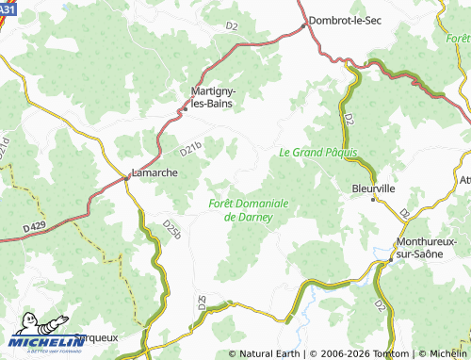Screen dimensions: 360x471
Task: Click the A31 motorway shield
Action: [x=8, y=8]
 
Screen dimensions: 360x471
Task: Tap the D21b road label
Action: [x=191, y=148]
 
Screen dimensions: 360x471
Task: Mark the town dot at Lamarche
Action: [x=127, y=177]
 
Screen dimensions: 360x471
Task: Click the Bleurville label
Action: [x=373, y=188]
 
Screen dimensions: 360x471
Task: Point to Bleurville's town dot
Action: [x=373, y=199]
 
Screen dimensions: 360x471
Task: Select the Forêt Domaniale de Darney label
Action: [x=248, y=210]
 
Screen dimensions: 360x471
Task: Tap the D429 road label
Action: [x=31, y=225]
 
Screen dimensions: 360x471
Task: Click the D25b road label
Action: [x=171, y=229]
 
